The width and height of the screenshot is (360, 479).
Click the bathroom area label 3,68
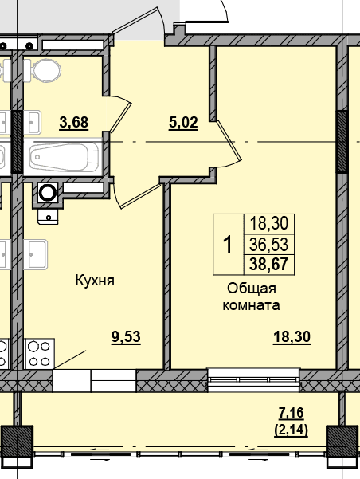click(74, 123)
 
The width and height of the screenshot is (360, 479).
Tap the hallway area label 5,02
click(183, 123)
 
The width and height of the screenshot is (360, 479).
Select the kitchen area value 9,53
click(126, 337)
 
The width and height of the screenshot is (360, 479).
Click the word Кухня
click(95, 281)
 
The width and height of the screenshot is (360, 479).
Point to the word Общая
click(252, 289)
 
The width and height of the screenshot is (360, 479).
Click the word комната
click(251, 305)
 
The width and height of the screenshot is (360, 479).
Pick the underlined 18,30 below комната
click(292, 337)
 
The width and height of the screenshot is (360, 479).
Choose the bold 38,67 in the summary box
click(268, 265)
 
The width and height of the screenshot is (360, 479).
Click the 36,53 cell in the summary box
click(268, 245)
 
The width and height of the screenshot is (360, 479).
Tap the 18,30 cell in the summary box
click(268, 223)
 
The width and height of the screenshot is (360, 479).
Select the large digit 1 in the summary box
click(228, 245)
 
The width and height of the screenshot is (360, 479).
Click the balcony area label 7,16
click(292, 413)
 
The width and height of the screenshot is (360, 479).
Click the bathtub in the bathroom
click(65, 157)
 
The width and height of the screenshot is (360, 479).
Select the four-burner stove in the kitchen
click(39, 353)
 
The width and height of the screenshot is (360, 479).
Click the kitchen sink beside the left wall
click(36, 254)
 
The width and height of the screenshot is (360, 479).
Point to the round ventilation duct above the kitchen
click(48, 192)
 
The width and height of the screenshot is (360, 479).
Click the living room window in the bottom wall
click(253, 380)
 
